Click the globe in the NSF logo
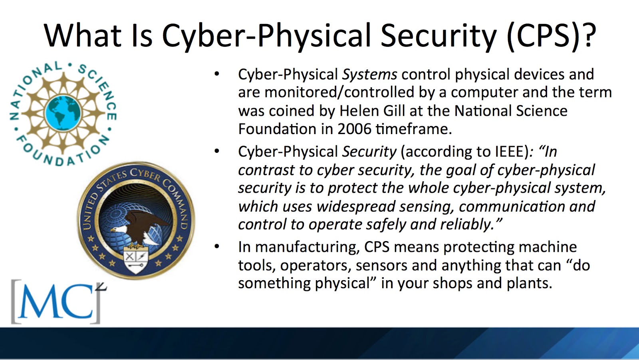(63, 113)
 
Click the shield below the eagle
(135, 260)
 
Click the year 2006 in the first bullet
(354, 129)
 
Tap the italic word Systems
(369, 74)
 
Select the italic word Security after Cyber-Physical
(369, 152)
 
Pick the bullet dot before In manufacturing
(217, 247)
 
